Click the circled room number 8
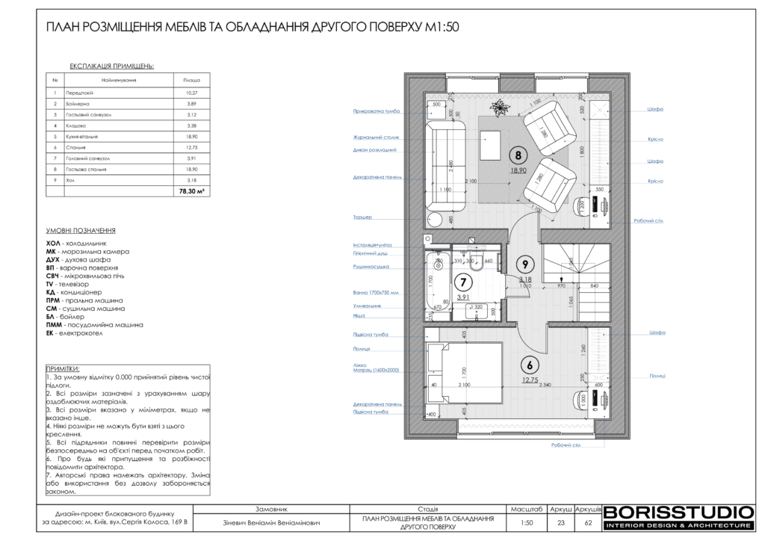[x=516, y=155]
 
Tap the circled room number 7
[x=463, y=282]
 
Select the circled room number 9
[x=526, y=264]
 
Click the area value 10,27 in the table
[x=192, y=92]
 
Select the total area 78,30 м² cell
[x=192, y=191]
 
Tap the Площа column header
[x=192, y=78]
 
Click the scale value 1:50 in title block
[x=527, y=523]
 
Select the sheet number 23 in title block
[x=561, y=523]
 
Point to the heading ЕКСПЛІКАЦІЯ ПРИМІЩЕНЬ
[x=112, y=66]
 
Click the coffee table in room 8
[x=492, y=145]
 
